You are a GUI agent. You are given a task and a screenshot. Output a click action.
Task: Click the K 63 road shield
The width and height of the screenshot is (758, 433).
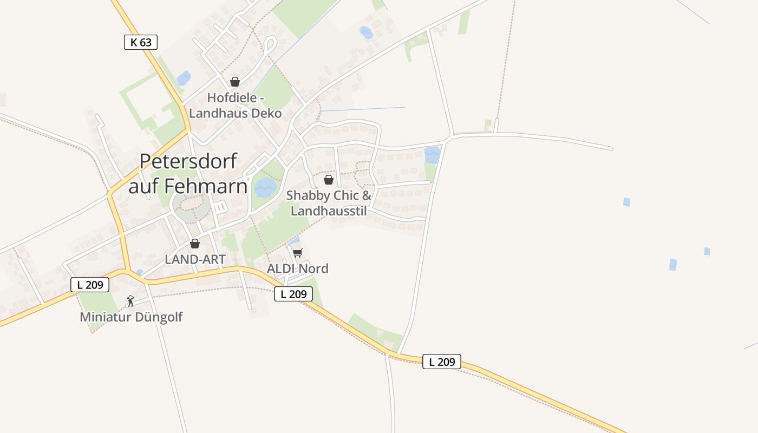(x=141, y=42)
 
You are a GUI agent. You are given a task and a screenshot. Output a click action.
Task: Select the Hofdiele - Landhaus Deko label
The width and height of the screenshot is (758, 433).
(x=236, y=106)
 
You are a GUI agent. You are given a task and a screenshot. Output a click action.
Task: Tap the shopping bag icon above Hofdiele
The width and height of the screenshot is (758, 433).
(x=234, y=82)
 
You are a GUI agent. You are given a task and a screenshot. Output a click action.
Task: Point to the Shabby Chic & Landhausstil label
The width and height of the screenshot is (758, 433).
(x=329, y=203)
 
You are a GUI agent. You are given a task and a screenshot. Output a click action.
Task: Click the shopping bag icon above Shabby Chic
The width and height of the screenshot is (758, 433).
(x=328, y=180)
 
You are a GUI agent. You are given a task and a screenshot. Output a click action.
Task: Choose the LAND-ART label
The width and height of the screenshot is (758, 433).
(x=195, y=259)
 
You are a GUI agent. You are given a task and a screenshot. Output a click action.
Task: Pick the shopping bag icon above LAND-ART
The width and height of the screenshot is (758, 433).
(x=195, y=244)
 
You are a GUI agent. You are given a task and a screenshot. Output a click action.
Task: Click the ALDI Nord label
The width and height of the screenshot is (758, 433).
(x=298, y=268)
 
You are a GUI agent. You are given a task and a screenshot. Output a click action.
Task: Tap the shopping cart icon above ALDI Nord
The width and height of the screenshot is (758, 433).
(x=297, y=253)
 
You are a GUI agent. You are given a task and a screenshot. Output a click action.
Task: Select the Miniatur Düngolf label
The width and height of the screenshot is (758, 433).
(x=131, y=317)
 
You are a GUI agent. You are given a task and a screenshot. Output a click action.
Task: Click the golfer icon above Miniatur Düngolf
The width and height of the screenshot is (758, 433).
(x=130, y=301)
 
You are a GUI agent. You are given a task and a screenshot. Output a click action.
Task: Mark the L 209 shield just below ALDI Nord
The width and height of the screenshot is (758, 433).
(x=293, y=294)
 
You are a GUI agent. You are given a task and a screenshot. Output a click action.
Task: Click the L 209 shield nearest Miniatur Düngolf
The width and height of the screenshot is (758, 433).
(x=90, y=285)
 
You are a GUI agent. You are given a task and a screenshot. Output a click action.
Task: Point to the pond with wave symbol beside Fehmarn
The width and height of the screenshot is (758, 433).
(x=265, y=187)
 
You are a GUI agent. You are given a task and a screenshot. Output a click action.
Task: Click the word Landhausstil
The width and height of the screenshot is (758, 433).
(x=329, y=211)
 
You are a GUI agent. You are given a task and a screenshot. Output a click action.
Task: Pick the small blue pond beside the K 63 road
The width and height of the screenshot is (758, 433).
(x=184, y=78)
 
